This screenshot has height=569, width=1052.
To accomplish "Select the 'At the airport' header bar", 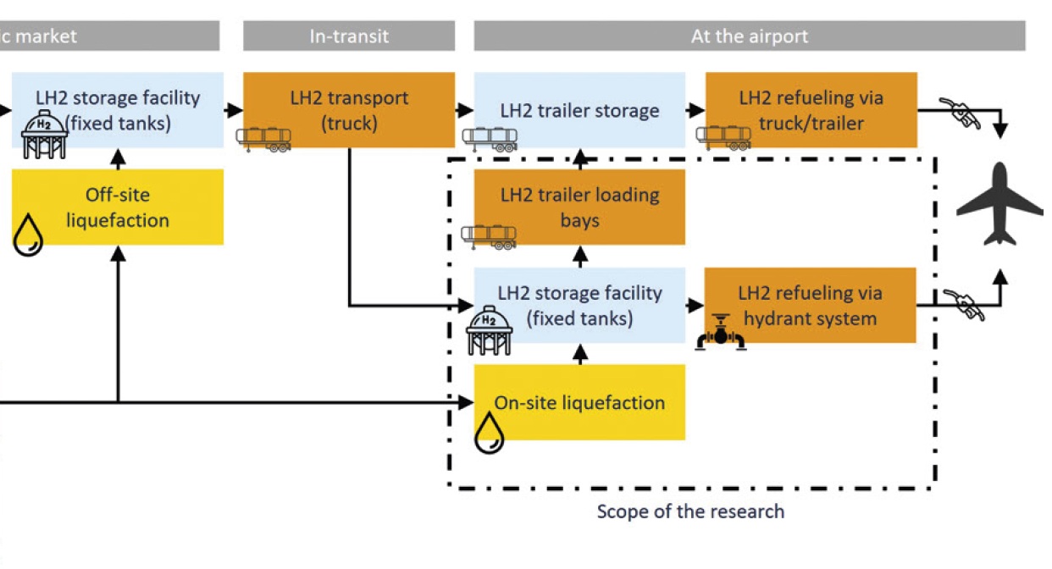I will click(x=749, y=36).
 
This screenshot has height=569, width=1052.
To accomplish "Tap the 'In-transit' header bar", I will click(x=348, y=36).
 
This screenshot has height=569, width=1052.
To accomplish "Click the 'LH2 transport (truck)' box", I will click(x=348, y=109).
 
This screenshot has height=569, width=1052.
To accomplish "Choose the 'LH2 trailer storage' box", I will click(x=579, y=110).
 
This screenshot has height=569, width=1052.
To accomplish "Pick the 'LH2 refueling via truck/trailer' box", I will click(x=811, y=109).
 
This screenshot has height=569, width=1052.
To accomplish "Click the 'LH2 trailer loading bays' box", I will click(x=579, y=207).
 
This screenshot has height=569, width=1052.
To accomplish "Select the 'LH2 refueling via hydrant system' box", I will click(x=810, y=305).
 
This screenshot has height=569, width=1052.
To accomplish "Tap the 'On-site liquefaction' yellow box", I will click(x=579, y=402).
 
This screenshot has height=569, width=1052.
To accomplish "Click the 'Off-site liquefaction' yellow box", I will click(x=118, y=207).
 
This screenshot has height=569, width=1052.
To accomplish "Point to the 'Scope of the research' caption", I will click(x=690, y=511).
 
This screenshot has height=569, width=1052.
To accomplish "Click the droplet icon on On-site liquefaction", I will click(x=489, y=433).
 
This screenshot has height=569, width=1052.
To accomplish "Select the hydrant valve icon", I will click(x=720, y=332).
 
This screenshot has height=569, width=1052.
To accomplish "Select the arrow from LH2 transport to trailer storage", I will click(x=464, y=110).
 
